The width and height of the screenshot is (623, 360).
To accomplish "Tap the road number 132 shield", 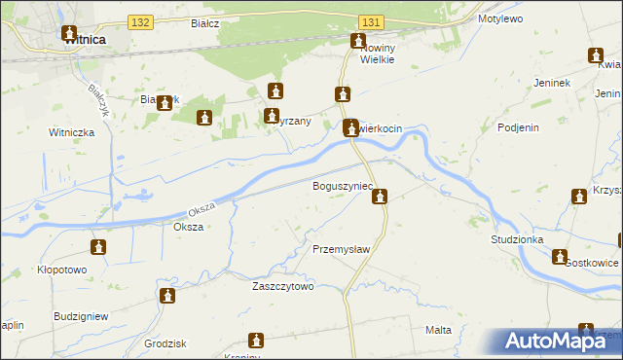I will (x=141, y=21).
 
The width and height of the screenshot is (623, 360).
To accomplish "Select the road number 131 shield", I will (x=369, y=21).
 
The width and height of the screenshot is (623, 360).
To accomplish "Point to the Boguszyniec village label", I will (x=341, y=185).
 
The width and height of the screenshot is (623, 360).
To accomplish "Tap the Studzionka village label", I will (x=518, y=238).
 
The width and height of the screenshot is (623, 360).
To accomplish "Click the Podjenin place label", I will (x=518, y=126).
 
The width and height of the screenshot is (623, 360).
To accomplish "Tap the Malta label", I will (x=438, y=330).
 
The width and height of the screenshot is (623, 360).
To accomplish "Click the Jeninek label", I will (x=551, y=83).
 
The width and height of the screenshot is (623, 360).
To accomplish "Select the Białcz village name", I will (x=204, y=20).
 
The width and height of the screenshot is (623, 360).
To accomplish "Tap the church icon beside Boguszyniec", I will (x=381, y=198).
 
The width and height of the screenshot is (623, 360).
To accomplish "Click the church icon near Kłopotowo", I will (x=98, y=247).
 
